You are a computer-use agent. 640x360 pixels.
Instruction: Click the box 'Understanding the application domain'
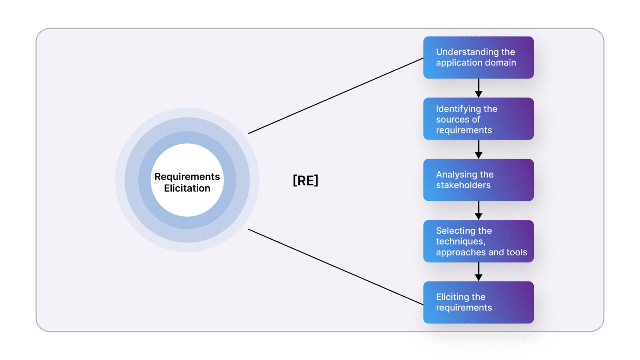[478, 57]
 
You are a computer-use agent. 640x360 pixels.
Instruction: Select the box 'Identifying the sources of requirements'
[478, 119]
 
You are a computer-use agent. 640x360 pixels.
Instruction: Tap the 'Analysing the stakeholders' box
[478, 180]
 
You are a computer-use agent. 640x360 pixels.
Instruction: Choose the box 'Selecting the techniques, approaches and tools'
[478, 241]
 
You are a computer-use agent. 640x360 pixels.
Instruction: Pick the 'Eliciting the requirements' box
[478, 302]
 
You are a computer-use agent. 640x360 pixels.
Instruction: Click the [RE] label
[305, 180]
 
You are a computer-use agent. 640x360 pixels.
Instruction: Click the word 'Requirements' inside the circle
[187, 177]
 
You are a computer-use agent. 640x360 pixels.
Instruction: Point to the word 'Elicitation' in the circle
[187, 188]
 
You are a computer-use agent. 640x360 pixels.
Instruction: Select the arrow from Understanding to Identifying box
[478, 88]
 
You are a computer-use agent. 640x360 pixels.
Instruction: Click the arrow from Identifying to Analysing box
[478, 149]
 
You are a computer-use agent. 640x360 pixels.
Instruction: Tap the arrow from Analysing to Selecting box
[478, 210]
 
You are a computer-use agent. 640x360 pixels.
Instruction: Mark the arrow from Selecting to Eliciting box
[478, 272]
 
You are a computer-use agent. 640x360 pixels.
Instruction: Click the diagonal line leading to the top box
[336, 96]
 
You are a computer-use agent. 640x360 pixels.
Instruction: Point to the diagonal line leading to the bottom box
[336, 267]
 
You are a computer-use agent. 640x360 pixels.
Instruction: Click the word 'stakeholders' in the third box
[463, 185]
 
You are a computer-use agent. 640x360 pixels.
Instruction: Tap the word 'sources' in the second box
[452, 120]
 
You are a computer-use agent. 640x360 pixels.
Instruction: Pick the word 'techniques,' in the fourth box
[460, 242]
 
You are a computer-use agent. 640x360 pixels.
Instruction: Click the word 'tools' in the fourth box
[517, 252]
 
